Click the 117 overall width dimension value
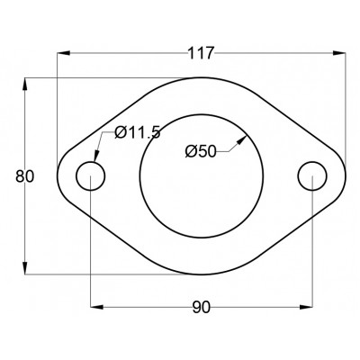(x=201, y=53)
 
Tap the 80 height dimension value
(x=25, y=176)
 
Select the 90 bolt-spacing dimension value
(x=202, y=308)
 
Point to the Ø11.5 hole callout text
(x=138, y=132)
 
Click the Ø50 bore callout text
(x=201, y=151)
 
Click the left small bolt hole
(x=90, y=162)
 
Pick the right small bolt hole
(x=312, y=162)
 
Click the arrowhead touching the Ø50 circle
(x=241, y=139)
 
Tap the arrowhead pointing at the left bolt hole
(x=96, y=157)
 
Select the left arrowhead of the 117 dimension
(x=63, y=53)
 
